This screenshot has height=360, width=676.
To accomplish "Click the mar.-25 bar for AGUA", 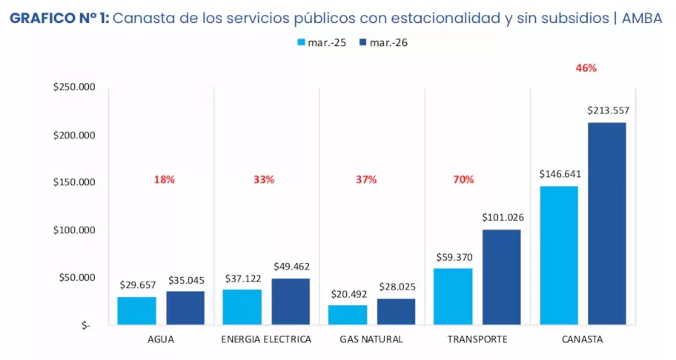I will [137, 310].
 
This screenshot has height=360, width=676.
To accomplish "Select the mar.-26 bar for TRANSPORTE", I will [501, 277].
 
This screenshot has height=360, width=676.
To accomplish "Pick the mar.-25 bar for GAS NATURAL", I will [348, 315].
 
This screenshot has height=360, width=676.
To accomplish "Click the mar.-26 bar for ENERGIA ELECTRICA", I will [291, 301].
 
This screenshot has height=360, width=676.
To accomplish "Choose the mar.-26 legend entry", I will [382, 43].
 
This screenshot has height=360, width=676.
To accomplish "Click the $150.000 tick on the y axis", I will [75, 183].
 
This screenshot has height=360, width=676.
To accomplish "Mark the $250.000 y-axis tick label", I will [75, 87].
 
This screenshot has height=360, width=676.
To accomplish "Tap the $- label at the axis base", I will [86, 325].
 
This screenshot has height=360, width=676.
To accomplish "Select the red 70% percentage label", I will [463, 179].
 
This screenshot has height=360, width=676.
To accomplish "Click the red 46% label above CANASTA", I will [586, 67].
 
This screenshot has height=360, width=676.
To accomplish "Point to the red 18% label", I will [164, 179].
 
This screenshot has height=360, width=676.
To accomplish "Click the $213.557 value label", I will [606, 110].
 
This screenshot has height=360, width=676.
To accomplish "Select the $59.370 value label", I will [452, 257].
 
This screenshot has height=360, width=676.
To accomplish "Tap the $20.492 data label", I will [347, 293].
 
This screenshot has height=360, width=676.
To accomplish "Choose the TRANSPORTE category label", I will [477, 339].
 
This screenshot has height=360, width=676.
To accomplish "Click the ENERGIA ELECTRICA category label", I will [266, 339].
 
